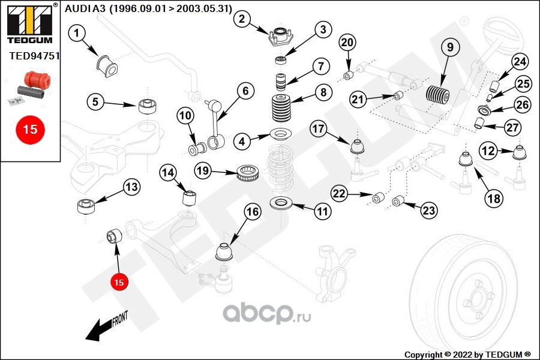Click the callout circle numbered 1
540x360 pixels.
click(x=77, y=34)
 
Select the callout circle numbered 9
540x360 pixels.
click(x=450, y=47)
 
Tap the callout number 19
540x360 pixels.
click(x=203, y=172)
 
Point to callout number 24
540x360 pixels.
click(x=520, y=62)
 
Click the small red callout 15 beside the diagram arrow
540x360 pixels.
click(x=119, y=281)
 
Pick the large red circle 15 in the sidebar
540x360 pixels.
click(x=30, y=129)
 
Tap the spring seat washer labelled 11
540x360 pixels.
click(x=280, y=205)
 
